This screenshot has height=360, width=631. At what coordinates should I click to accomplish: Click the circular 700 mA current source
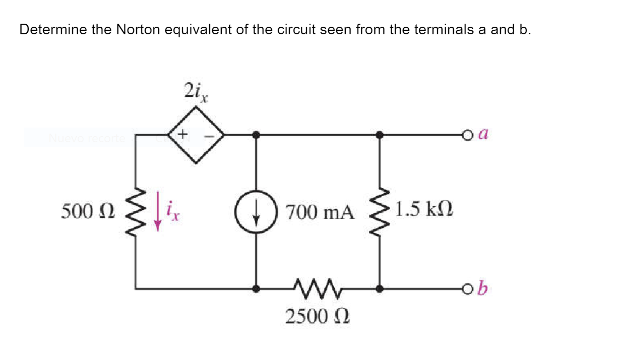click(x=257, y=212)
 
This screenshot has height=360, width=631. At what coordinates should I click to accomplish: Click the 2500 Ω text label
click(x=318, y=316)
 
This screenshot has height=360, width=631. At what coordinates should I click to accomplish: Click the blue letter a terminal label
click(x=483, y=135)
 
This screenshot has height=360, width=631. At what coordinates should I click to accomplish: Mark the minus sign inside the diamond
click(x=213, y=135)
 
